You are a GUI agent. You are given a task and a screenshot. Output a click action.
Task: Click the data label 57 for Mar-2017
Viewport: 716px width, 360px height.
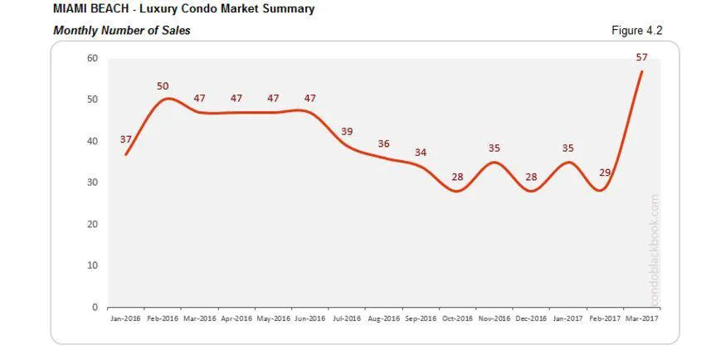point(642,57)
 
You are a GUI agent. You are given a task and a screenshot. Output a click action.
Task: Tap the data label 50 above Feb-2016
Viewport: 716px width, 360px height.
point(163,86)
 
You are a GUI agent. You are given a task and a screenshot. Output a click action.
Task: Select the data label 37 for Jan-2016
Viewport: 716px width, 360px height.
point(126,139)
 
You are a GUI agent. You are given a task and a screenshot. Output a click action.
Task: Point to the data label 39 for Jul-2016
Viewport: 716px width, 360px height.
point(347,132)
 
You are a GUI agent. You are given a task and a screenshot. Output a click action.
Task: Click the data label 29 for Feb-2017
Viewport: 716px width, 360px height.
point(605,172)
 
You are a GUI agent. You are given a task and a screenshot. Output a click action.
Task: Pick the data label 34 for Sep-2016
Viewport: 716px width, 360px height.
point(421,153)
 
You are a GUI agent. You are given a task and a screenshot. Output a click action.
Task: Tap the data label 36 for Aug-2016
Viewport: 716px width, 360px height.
point(383,144)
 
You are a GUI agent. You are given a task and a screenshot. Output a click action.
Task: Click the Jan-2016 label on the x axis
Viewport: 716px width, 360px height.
point(126,319)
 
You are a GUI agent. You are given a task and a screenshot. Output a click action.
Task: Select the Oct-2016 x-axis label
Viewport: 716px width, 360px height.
point(457,319)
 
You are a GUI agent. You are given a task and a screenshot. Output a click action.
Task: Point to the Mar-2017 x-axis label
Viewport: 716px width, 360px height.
point(641,319)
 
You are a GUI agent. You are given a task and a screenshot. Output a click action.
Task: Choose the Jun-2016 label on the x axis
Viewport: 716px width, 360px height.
point(310,319)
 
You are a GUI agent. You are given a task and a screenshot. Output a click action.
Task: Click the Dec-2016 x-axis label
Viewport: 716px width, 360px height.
point(531,319)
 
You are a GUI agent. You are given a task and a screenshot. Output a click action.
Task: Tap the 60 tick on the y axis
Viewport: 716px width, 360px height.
point(92,59)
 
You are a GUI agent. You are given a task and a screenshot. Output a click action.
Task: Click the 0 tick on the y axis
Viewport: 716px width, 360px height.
point(95,307)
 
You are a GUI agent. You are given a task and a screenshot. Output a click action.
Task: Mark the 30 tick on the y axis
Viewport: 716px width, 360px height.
point(92,182)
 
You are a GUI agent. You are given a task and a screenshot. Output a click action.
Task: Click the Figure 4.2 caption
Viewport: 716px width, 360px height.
point(636,31)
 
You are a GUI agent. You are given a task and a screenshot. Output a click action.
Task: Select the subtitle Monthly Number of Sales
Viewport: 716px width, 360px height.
point(122,31)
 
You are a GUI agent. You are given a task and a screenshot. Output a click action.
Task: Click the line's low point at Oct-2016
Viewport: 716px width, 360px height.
point(457,191)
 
